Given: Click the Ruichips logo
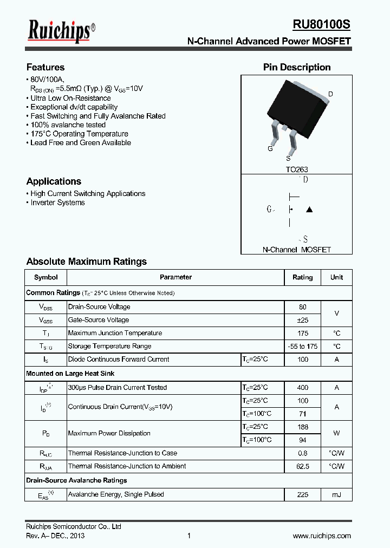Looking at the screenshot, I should pos(61,32).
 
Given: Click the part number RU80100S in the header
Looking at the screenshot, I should pos(322,25).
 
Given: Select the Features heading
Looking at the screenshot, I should pos(45,67).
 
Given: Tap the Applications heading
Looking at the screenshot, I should pos(54,181).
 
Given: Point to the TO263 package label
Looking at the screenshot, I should pos(297,169).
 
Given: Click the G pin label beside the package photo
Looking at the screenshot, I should pos(270,148).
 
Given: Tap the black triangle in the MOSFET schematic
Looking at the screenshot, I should pos(309,210).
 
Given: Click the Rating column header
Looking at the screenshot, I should pos(302,277).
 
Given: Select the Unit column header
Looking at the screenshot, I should pos(336,277).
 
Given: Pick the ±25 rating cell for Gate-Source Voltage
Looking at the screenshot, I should pos(302,320).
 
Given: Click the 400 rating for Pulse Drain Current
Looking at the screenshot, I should pos(302,388).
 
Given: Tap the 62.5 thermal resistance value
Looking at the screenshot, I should pos(302,466).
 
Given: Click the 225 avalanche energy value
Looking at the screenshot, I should pos(302,494).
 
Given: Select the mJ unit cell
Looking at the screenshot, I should pos(336,494).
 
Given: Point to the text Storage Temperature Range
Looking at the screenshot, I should pos(109,346).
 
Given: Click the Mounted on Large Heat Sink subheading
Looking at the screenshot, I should pos(70,374).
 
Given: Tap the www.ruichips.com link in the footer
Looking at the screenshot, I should pos(322,536).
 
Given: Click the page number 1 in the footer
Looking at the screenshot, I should pos(188,536).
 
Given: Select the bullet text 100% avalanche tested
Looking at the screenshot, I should pos(68,125).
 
